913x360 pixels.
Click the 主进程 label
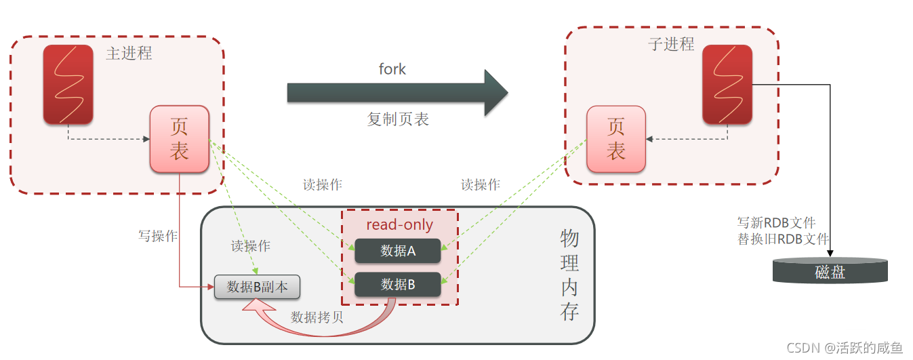click(x=129, y=53)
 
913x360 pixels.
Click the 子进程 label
click(x=671, y=45)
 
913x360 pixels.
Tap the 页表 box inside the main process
click(x=179, y=139)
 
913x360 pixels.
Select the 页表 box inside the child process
click(x=615, y=139)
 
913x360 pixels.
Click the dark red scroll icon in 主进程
click(x=68, y=85)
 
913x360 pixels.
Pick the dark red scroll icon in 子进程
click(x=727, y=85)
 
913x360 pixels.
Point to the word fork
click(x=392, y=69)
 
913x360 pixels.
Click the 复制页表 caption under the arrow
click(x=398, y=119)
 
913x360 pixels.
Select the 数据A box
click(x=398, y=251)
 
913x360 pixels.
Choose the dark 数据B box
click(x=398, y=285)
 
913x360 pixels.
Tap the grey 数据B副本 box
click(x=257, y=287)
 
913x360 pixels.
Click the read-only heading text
click(x=399, y=225)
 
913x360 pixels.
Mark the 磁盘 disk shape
click(x=830, y=271)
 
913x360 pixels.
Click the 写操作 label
click(x=158, y=236)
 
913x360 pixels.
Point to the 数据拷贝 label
click(x=317, y=317)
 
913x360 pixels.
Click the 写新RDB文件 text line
click(x=776, y=222)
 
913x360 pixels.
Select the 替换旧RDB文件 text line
click(x=783, y=239)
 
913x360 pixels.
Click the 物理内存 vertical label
click(x=569, y=275)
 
